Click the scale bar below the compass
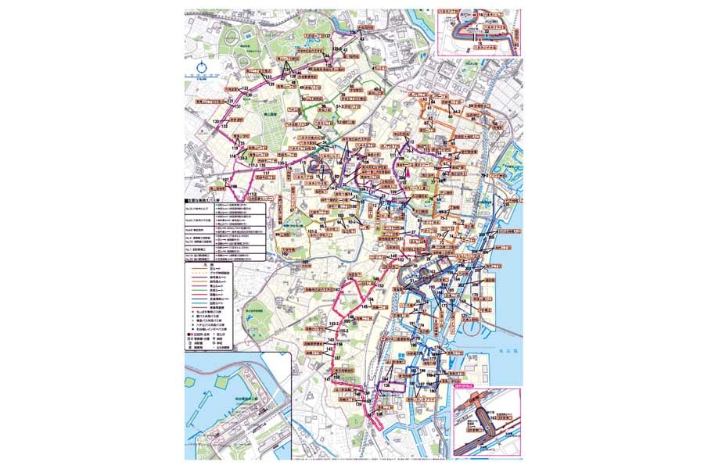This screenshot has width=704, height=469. click(203, 76)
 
